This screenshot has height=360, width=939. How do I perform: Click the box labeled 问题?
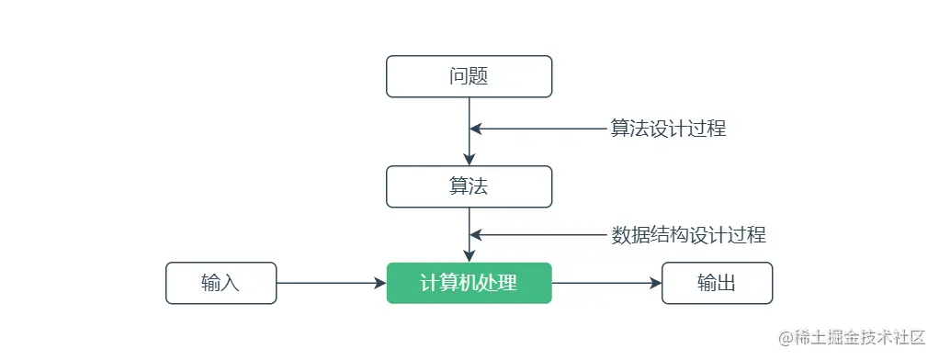pyautogui.click(x=469, y=76)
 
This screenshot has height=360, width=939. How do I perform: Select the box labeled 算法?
pyautogui.click(x=469, y=186)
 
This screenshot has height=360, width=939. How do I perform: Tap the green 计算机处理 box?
pyautogui.click(x=469, y=283)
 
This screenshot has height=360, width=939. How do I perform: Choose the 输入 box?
pyautogui.click(x=221, y=283)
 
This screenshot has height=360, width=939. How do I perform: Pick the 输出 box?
pyautogui.click(x=717, y=283)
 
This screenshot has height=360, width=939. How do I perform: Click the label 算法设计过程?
pyautogui.click(x=668, y=129)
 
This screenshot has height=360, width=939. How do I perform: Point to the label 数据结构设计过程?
pyautogui.click(x=688, y=235)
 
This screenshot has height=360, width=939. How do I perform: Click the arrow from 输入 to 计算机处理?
pyautogui.click(x=331, y=283)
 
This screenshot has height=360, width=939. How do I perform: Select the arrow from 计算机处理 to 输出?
pyautogui.click(x=606, y=283)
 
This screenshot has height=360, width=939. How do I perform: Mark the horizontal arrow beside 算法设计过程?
pyautogui.click(x=537, y=129)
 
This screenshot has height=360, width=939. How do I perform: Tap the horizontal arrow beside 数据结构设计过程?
pyautogui.click(x=537, y=235)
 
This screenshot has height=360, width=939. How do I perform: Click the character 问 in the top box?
pyautogui.click(x=459, y=76)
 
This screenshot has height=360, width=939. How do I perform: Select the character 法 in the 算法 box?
pyautogui.click(x=479, y=186)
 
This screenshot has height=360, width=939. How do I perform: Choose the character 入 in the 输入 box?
pyautogui.click(x=231, y=283)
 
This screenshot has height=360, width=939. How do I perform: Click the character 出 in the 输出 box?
pyautogui.click(x=727, y=283)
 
